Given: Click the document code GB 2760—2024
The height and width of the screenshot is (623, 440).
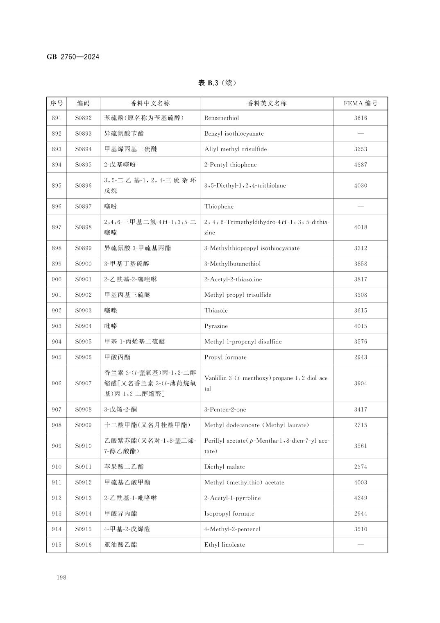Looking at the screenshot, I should pyautogui.click(x=73, y=57).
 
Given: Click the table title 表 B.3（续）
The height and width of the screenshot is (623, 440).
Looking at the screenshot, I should pyautogui.click(x=217, y=83).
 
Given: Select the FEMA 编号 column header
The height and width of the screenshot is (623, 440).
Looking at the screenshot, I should pyautogui.click(x=361, y=103).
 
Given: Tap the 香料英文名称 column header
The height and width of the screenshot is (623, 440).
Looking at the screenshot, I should pyautogui.click(x=267, y=103).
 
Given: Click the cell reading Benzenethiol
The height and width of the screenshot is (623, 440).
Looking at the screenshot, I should pyautogui.click(x=222, y=118).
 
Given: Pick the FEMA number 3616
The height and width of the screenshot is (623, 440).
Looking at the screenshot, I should pyautogui.click(x=361, y=118).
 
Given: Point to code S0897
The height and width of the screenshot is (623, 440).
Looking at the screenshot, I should pyautogui.click(x=83, y=207).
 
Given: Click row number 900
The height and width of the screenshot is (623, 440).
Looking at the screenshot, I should pyautogui.click(x=57, y=280).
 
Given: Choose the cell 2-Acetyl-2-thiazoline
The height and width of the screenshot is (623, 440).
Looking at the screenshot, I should pyautogui.click(x=233, y=280).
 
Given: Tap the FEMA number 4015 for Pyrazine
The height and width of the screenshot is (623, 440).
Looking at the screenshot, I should pyautogui.click(x=361, y=326).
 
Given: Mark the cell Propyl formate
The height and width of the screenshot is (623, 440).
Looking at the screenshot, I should pyautogui.click(x=225, y=357).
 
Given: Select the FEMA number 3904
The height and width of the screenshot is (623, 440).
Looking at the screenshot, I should pyautogui.click(x=361, y=384).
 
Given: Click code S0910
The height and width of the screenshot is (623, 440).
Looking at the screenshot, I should pyautogui.click(x=83, y=446).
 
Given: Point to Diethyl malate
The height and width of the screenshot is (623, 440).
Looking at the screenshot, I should pyautogui.click(x=225, y=467).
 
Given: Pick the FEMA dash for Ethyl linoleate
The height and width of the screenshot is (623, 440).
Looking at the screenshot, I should pyautogui.click(x=361, y=545).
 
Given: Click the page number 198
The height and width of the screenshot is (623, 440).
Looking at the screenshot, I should pyautogui.click(x=61, y=578).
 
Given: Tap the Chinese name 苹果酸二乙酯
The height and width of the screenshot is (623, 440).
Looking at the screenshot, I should pyautogui.click(x=124, y=467).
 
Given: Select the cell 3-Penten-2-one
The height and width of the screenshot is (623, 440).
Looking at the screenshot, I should pyautogui.click(x=225, y=409).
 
